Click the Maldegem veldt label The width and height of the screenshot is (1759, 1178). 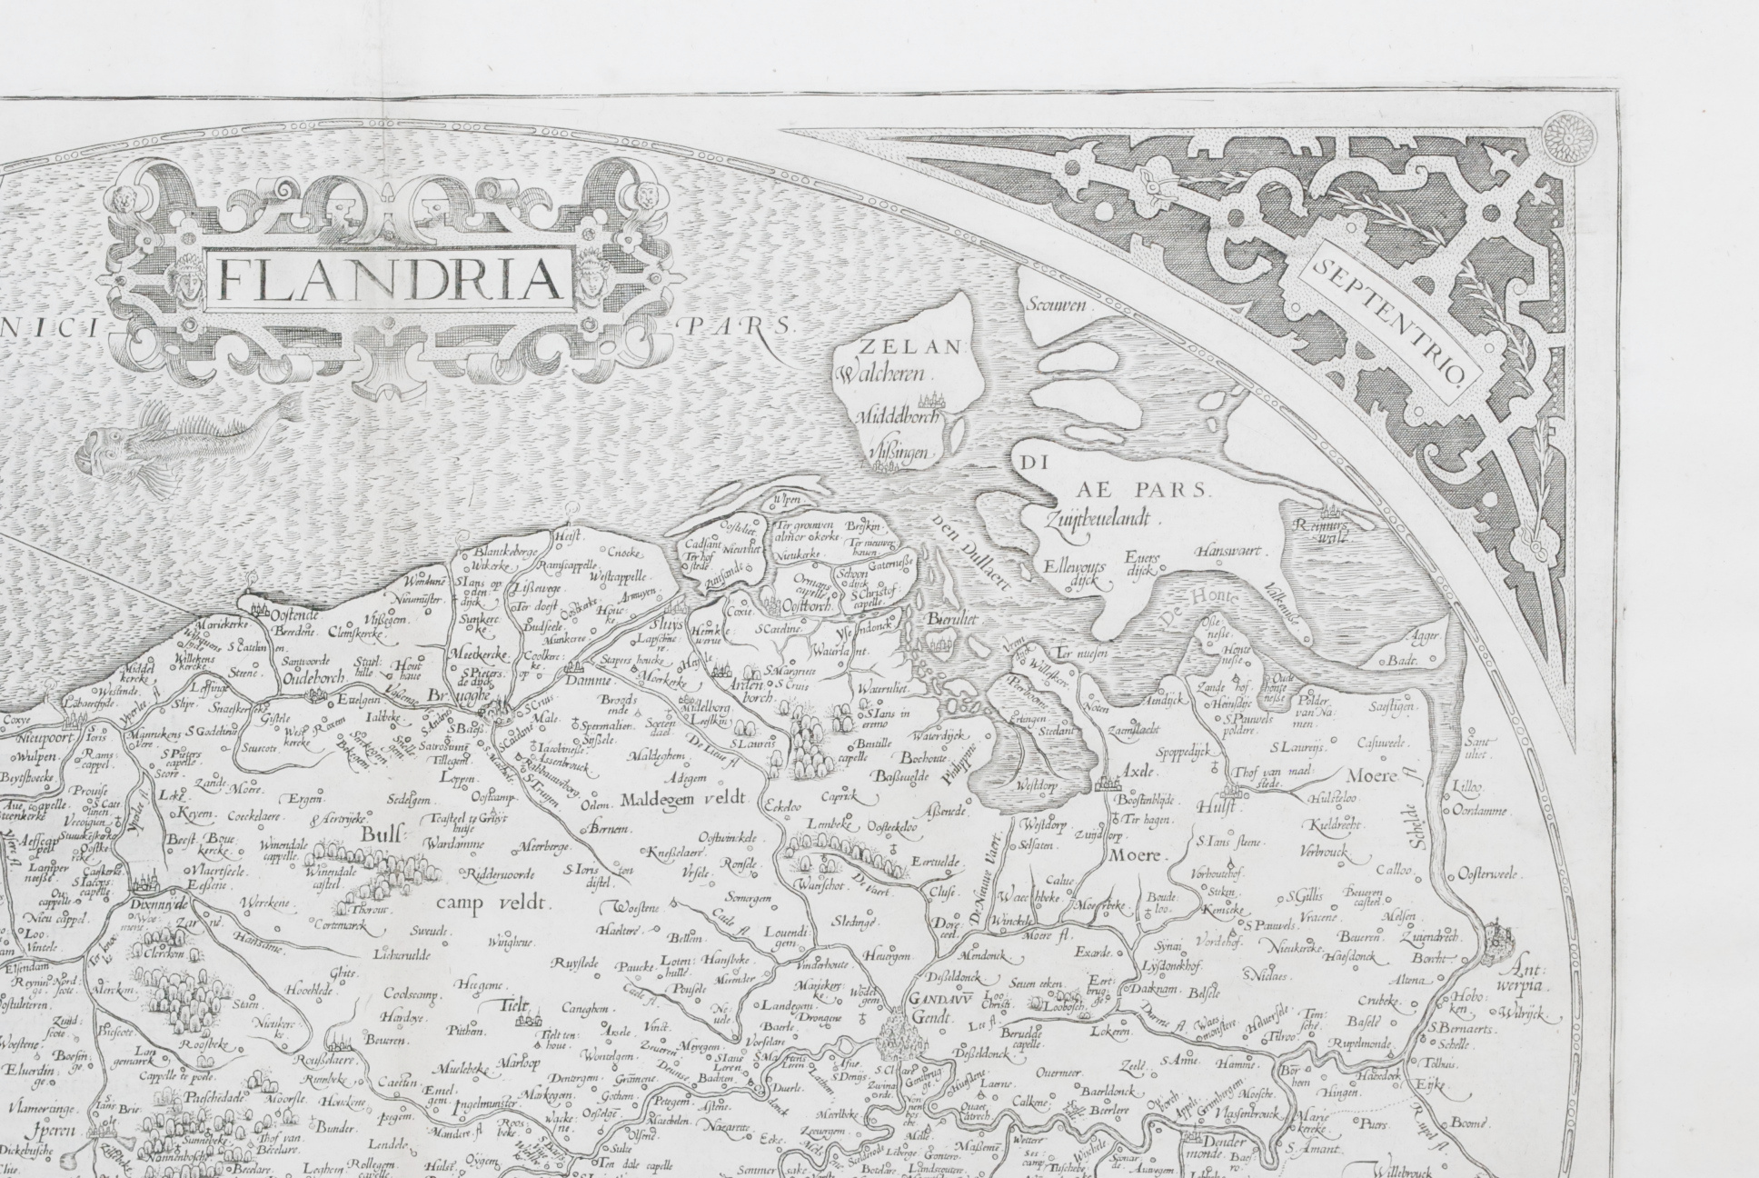[x=682, y=798]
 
